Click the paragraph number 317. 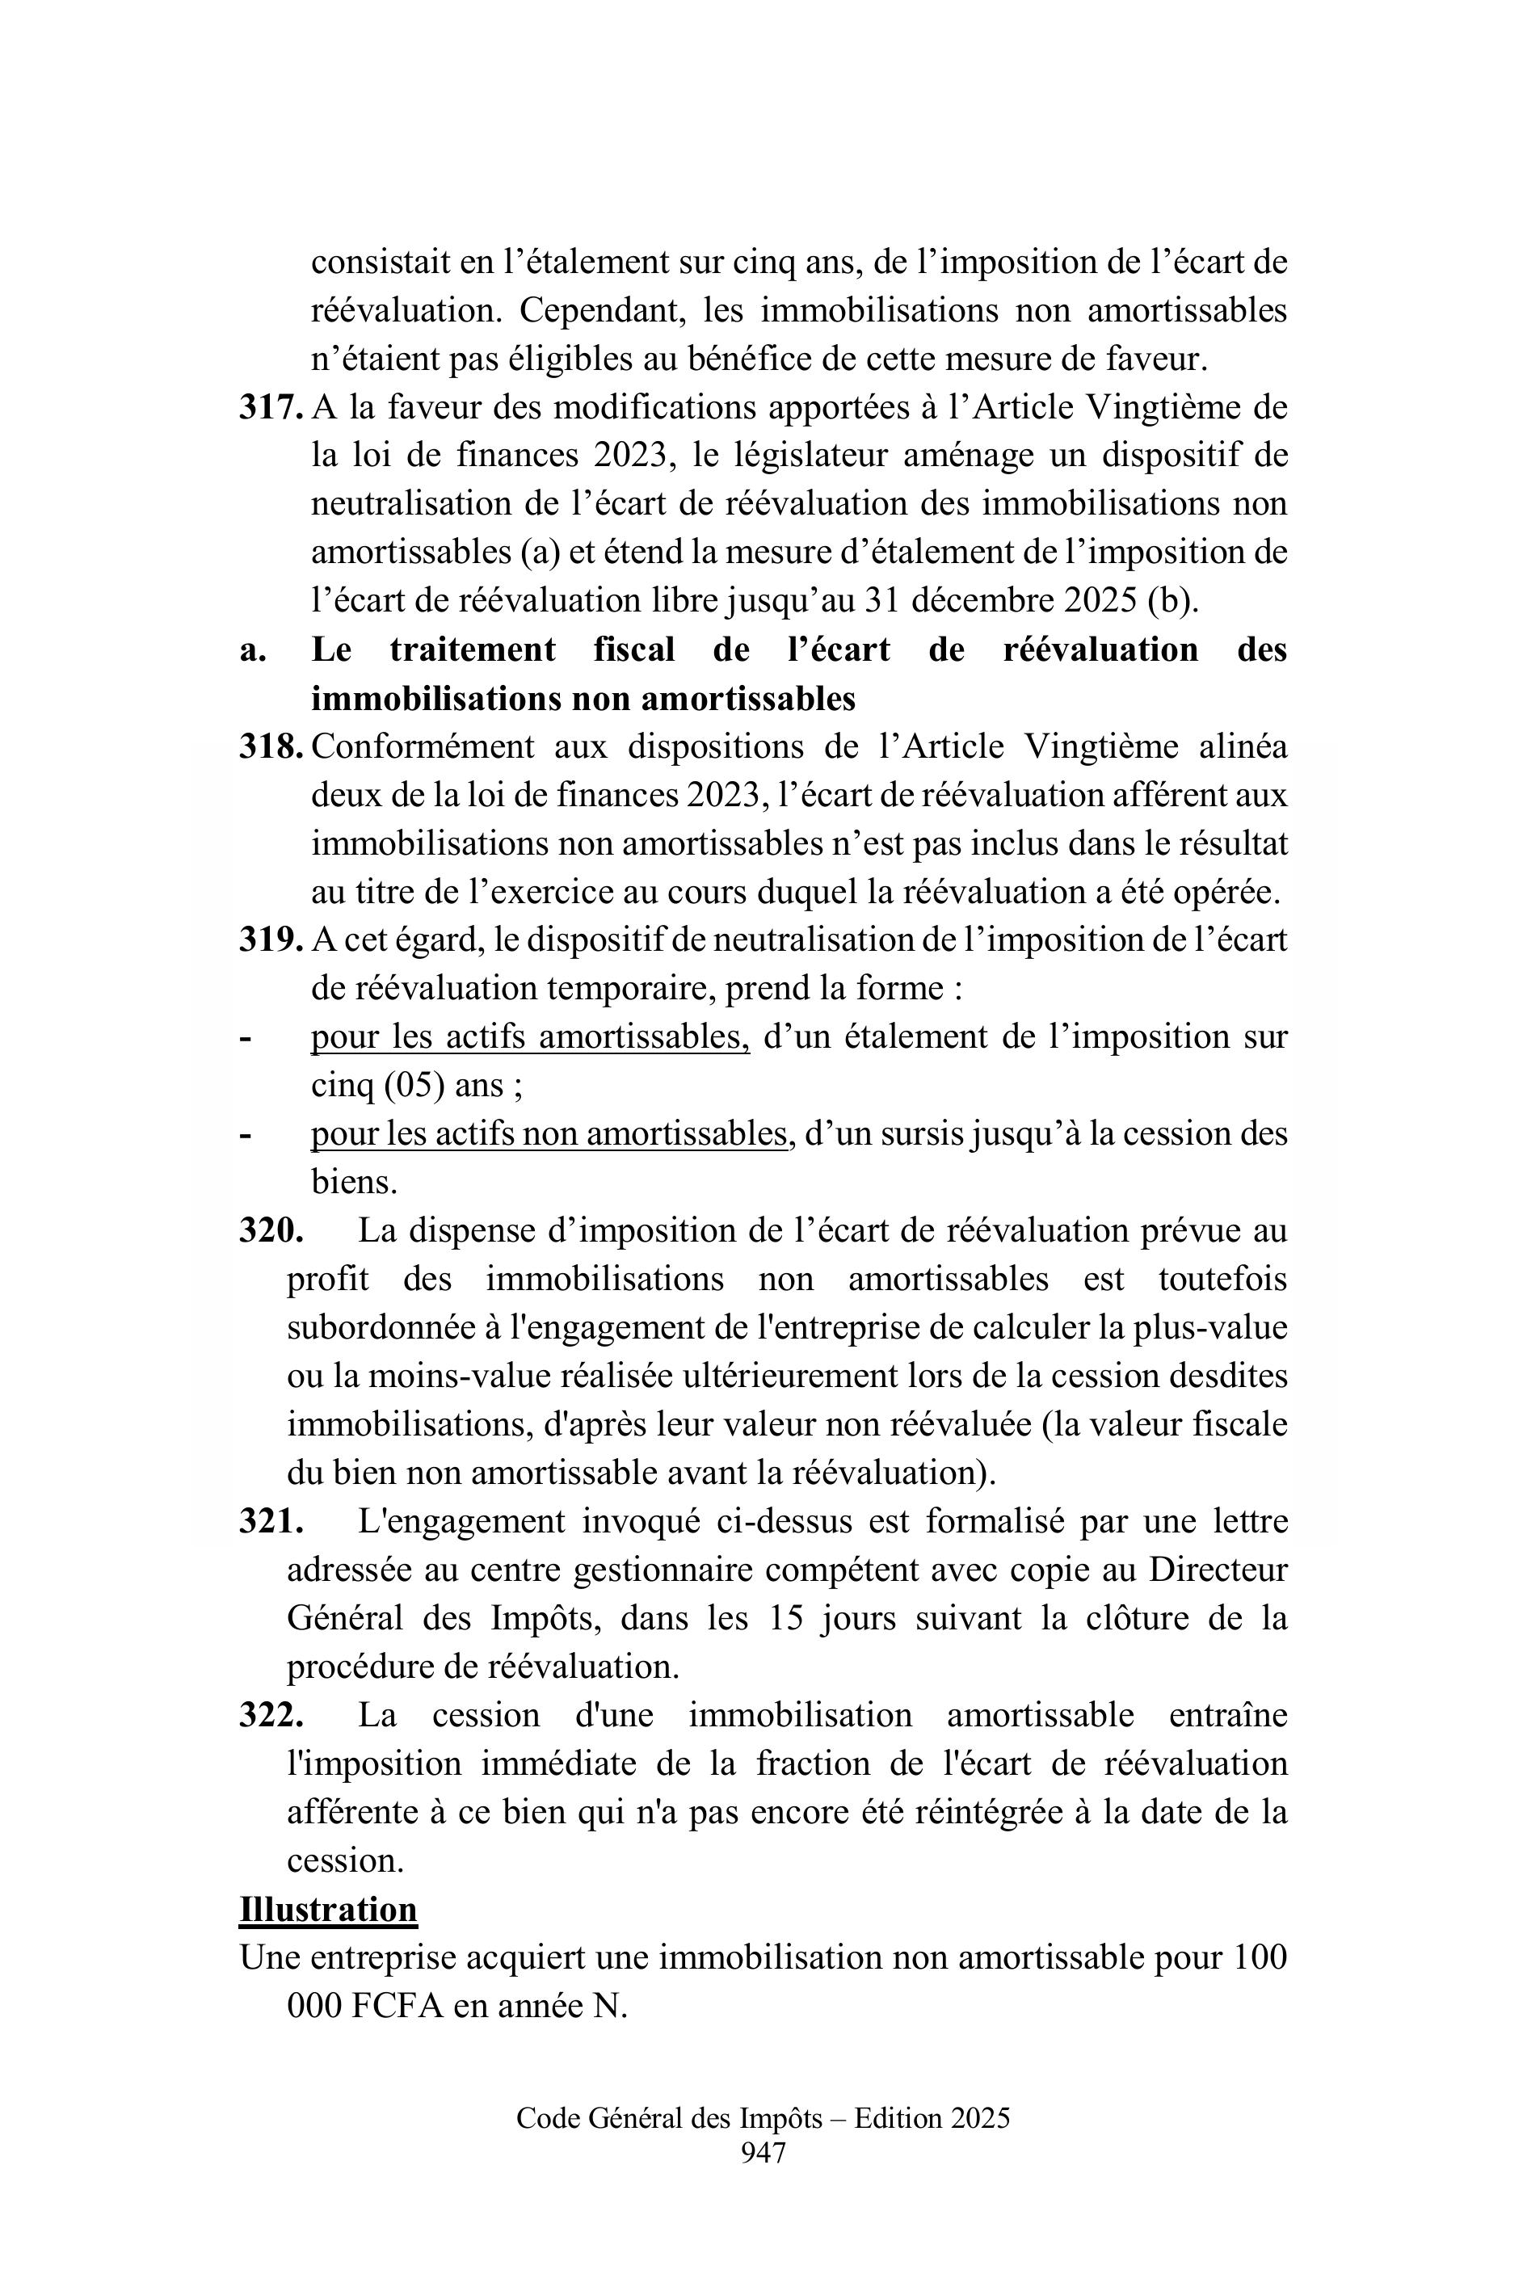pos(270,408)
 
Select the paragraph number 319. pos(270,940)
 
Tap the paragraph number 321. pos(270,1522)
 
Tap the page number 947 pos(763,2153)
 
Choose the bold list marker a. pos(252,650)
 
